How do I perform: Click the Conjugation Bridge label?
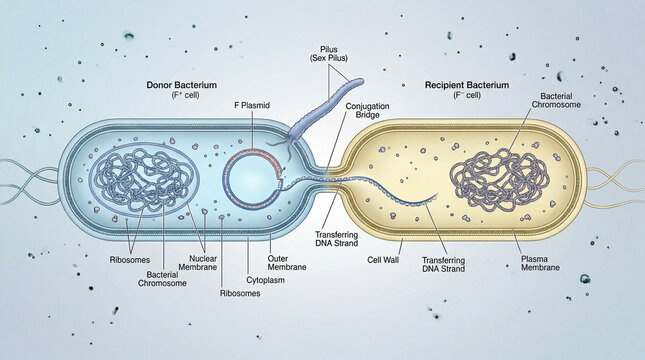click(x=366, y=111)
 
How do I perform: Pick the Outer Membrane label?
click(x=288, y=262)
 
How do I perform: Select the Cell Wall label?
click(x=383, y=257)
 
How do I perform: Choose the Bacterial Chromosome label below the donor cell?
click(x=161, y=277)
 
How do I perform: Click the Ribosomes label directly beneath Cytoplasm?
click(x=240, y=294)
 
